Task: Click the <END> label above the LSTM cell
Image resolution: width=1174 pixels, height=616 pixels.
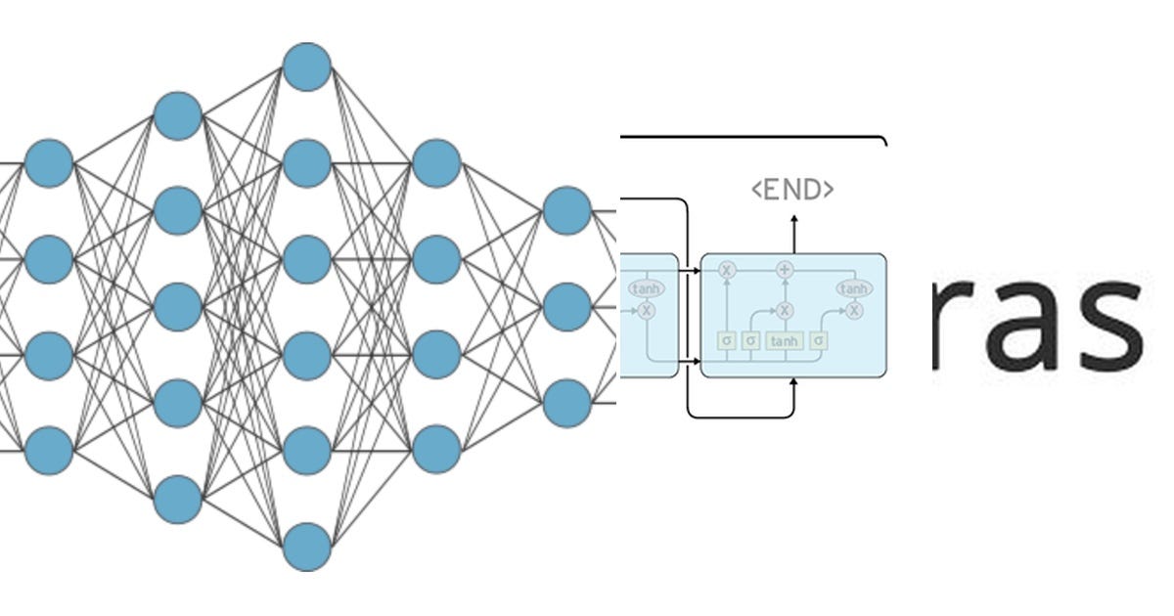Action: click(x=792, y=190)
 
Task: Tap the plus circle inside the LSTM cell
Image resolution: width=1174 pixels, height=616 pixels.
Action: click(x=784, y=269)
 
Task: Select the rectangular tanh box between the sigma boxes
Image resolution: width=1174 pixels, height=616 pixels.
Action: click(x=784, y=340)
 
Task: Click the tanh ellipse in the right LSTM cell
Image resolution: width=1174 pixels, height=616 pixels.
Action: click(x=853, y=288)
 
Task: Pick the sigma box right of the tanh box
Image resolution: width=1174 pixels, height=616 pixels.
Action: click(x=819, y=340)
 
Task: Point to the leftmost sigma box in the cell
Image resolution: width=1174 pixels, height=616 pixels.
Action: click(x=726, y=340)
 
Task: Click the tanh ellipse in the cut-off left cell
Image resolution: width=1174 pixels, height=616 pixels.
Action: click(x=646, y=288)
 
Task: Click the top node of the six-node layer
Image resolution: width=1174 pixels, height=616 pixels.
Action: click(x=306, y=66)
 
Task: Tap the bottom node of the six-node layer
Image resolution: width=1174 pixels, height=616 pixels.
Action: click(x=306, y=547)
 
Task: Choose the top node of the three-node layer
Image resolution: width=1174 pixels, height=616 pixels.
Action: click(x=566, y=211)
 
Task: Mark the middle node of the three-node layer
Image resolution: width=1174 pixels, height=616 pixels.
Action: click(x=566, y=307)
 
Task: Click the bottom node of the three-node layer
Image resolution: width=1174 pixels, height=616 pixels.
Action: click(x=566, y=403)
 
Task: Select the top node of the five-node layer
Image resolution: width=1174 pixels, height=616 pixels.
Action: click(x=178, y=115)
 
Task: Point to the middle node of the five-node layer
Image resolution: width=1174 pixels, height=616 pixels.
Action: click(x=178, y=307)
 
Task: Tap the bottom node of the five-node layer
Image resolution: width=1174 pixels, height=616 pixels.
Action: click(x=178, y=499)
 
